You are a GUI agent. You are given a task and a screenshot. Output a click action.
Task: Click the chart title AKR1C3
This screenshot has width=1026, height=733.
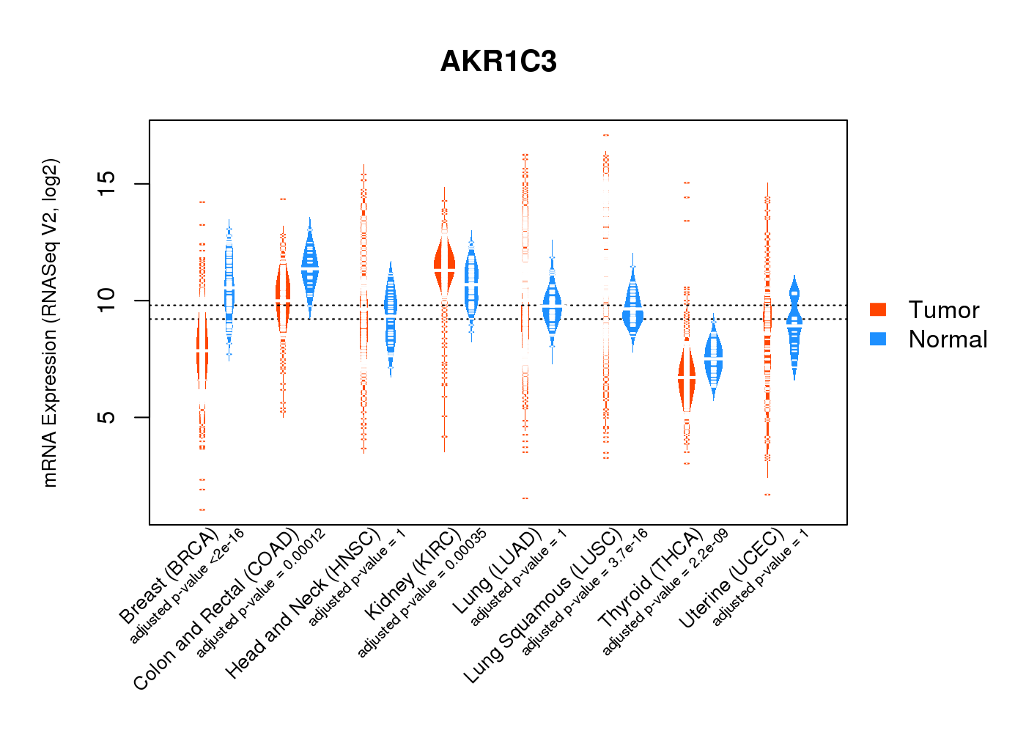pyautogui.click(x=498, y=62)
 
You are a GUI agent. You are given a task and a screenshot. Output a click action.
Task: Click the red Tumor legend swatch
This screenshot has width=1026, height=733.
pyautogui.click(x=878, y=309)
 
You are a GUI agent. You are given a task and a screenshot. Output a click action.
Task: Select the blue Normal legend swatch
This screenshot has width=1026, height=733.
pyautogui.click(x=878, y=339)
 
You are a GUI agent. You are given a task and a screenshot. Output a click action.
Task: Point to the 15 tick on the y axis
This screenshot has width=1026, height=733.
pyautogui.click(x=107, y=183)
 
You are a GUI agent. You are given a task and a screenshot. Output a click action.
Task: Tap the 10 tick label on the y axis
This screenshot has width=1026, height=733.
pyautogui.click(x=107, y=300)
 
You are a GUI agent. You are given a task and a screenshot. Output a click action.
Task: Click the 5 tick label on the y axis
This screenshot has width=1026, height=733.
pyautogui.click(x=107, y=417)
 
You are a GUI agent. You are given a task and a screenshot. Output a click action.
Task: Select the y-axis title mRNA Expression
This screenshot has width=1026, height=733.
pyautogui.click(x=50, y=323)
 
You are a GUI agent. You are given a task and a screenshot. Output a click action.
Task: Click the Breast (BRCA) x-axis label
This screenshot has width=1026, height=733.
pyautogui.click(x=168, y=576)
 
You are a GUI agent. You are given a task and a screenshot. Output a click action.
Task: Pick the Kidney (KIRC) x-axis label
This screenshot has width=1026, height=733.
pyautogui.click(x=412, y=574)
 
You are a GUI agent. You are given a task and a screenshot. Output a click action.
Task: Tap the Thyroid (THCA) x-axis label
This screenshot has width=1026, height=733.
pyautogui.click(x=650, y=579)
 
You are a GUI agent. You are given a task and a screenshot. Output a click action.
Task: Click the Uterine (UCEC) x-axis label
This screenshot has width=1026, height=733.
pyautogui.click(x=731, y=580)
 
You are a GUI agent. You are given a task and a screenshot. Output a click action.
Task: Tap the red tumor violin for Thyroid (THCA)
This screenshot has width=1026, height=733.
pyautogui.click(x=687, y=377)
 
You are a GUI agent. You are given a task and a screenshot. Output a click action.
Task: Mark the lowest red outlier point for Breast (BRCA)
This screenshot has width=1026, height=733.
pyautogui.click(x=202, y=509)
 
